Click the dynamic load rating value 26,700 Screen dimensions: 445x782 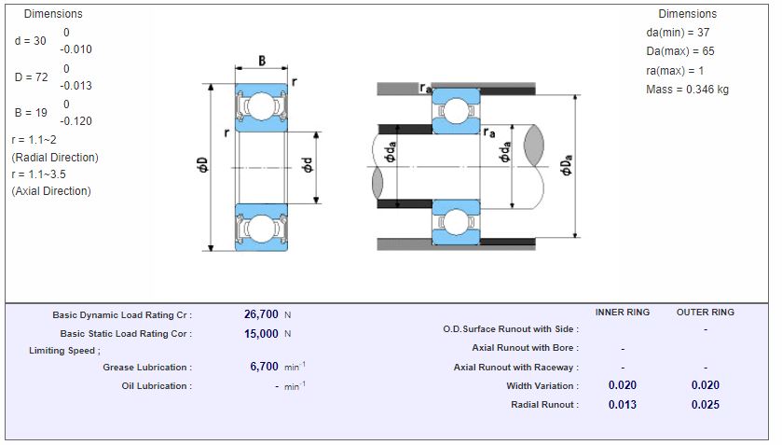tap(261, 314)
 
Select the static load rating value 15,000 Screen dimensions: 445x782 tap(261, 333)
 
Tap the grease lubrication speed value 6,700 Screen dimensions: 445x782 tap(265, 367)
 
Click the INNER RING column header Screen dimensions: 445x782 tap(622, 313)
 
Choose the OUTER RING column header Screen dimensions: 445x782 tap(705, 313)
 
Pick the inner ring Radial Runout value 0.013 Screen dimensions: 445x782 tap(622, 404)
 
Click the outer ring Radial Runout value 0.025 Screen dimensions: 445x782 tap(705, 404)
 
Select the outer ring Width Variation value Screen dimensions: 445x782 tap(705, 385)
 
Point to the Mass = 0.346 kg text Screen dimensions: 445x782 tap(687, 90)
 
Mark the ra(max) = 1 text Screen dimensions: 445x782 tap(675, 71)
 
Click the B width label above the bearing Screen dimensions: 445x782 tap(262, 61)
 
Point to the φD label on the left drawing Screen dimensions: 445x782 tap(202, 166)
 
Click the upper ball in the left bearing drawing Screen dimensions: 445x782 tap(261, 106)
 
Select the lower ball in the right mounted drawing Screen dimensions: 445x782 tap(455, 222)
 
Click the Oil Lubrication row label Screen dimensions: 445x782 tap(157, 385)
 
